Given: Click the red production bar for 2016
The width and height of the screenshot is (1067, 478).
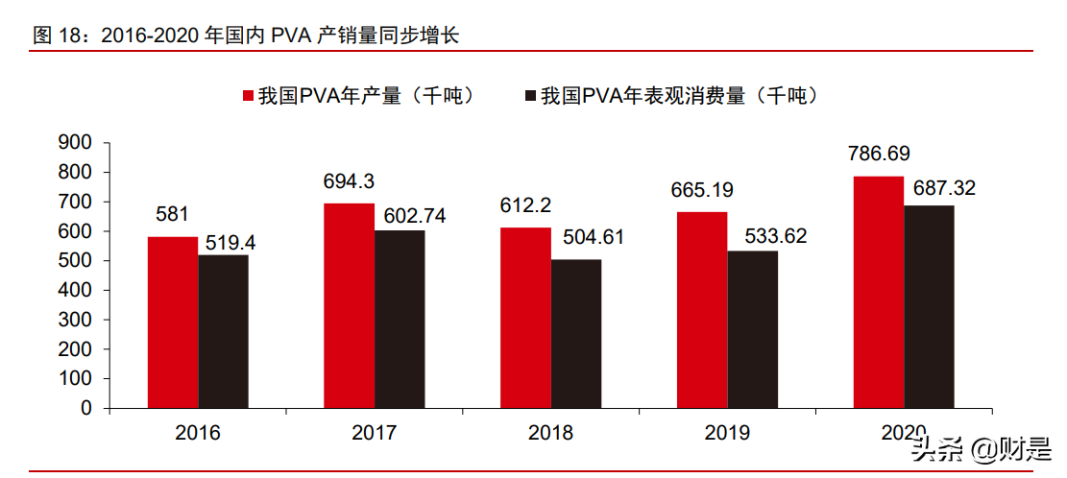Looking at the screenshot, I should [x=173, y=323].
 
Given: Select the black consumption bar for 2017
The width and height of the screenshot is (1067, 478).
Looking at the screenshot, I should [x=400, y=319].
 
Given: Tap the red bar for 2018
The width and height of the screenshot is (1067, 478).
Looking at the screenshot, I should [x=525, y=318].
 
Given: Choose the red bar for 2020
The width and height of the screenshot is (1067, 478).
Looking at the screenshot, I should [x=879, y=292].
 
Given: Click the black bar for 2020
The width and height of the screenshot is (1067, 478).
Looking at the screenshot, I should [x=930, y=306].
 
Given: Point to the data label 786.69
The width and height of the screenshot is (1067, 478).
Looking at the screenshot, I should [x=879, y=154].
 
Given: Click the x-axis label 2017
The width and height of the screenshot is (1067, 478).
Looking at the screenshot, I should [x=375, y=433].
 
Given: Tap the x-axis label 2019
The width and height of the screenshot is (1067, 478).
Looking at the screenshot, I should [x=728, y=433].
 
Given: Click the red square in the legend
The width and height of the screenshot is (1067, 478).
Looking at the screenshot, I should [x=248, y=96].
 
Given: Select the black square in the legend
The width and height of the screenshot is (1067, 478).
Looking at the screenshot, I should [x=531, y=96].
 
